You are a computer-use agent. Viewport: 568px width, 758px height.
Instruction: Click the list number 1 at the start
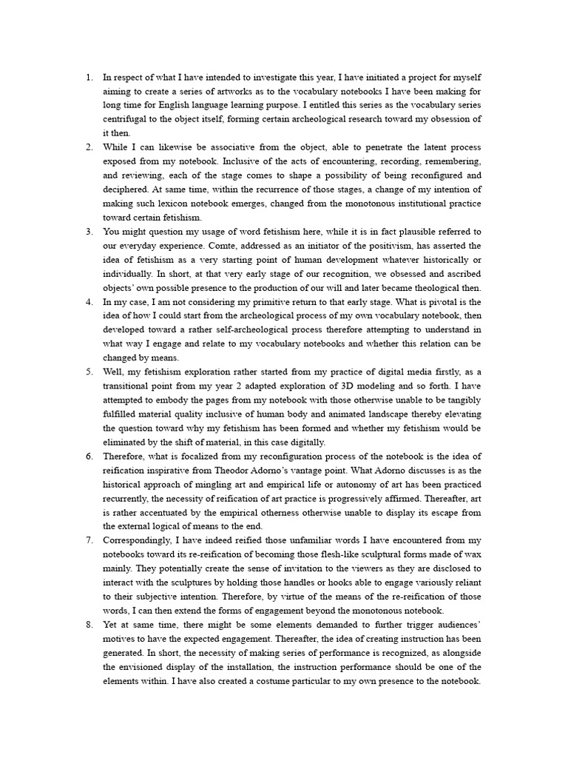(x=88, y=76)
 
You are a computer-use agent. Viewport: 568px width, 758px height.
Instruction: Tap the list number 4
(x=88, y=302)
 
